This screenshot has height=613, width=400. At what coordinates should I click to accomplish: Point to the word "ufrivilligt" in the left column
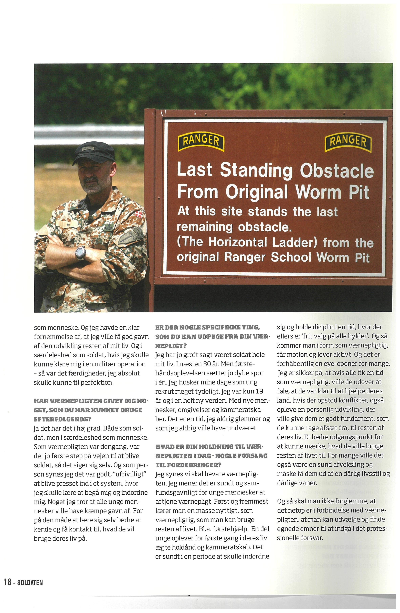[x=130, y=474]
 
